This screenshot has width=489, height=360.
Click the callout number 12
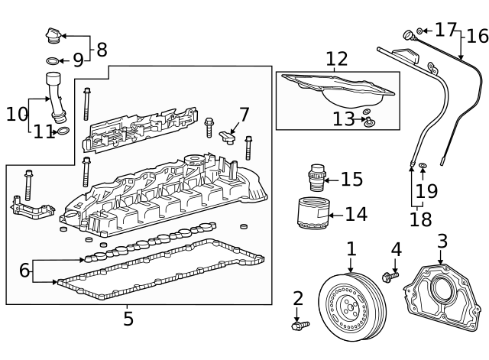(336, 59)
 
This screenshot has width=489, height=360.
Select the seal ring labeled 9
(50, 60)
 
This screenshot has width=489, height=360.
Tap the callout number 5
(128, 318)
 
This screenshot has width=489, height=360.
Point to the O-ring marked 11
(63, 131)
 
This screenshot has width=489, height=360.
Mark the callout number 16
(477, 36)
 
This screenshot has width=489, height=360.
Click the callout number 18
(419, 220)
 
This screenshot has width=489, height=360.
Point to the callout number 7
(244, 115)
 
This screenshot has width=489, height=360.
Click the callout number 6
(24, 270)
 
